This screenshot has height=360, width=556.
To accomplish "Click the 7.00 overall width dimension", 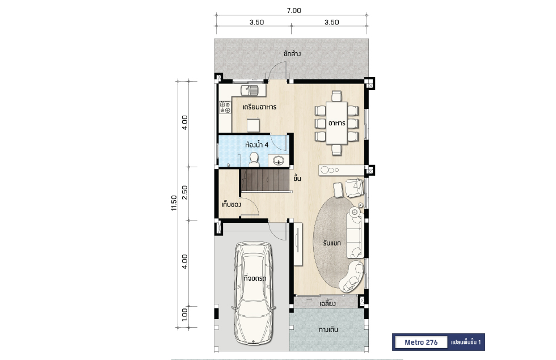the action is pos(294,11).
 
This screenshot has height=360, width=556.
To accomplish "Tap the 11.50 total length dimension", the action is pos(174,203).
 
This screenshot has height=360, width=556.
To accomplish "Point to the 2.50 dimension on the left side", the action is pos(184,192).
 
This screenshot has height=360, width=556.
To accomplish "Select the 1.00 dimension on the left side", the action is pos(184,315).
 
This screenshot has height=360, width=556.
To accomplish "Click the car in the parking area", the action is pos(253,293).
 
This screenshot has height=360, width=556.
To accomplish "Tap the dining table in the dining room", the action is pos(336,123).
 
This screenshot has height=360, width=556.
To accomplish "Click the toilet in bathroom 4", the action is pos(254,159).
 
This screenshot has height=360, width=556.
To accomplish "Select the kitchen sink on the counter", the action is pos(250,90).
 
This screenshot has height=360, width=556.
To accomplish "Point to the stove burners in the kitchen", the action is pos(225,107).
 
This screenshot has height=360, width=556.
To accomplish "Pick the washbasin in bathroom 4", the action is pos(279,160).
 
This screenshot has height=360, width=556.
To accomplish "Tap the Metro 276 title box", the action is pos(421,342).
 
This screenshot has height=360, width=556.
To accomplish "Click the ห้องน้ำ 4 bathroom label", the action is pos(256,145).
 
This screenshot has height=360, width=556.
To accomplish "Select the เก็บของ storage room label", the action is pos(231,205).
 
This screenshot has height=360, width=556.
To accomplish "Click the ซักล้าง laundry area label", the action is pos(292,54).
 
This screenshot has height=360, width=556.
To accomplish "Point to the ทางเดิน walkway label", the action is pos(328,329).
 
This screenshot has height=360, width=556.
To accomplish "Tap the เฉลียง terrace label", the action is pos(327,304).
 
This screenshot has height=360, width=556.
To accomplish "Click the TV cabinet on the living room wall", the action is pos(297,244).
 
